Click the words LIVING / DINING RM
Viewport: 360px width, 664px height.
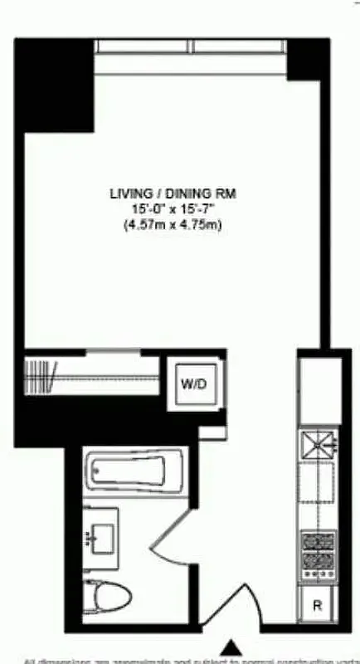[173, 193]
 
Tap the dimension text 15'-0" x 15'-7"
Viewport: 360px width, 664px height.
[173, 209]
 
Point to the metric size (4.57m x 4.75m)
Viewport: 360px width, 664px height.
[173, 225]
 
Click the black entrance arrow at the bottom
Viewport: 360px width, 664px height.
[233, 647]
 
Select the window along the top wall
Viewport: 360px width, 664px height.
[192, 46]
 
